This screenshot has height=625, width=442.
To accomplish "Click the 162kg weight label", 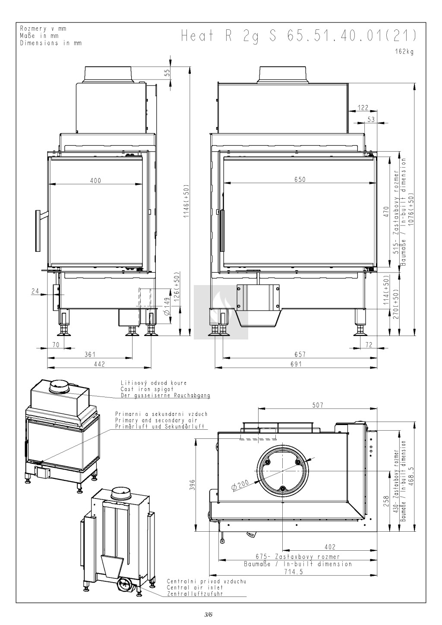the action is pos(404,52).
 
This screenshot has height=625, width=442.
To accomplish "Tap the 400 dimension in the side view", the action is pos(95,181).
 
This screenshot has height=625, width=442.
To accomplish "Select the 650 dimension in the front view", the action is pos(300,179).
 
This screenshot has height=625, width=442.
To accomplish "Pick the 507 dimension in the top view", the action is pos(318,405).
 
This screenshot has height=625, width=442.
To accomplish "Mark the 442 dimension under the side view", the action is pos(100,364).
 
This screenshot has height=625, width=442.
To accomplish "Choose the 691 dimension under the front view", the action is pos(296,364).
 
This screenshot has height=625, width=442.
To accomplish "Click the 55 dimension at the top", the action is pos(167,73).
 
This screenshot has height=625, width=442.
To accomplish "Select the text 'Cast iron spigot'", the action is pos(147,389).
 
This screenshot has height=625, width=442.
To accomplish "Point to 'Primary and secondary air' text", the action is pos(156,420).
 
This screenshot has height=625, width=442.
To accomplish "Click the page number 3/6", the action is pos(208,614).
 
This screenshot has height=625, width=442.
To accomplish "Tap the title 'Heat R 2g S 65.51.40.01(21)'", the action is pos(299,36).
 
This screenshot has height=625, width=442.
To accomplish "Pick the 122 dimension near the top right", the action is pos(363,108).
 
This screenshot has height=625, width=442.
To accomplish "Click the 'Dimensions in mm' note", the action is pos(51,43).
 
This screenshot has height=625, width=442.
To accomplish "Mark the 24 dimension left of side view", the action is pos(35,291).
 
